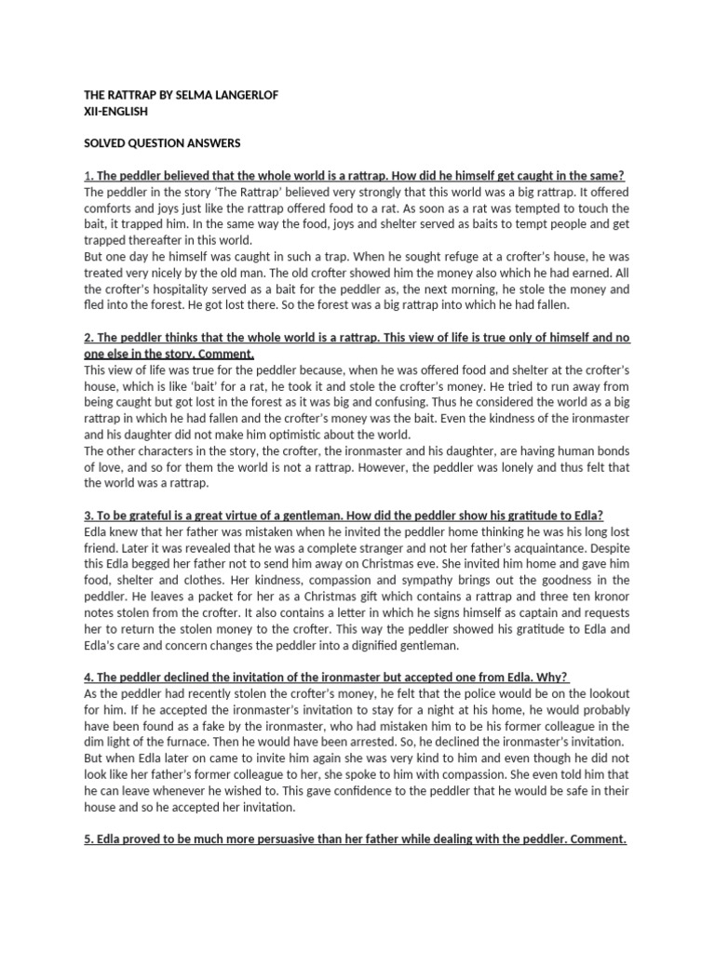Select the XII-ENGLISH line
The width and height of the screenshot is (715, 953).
click(x=115, y=112)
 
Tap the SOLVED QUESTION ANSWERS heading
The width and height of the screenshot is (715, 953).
click(x=162, y=142)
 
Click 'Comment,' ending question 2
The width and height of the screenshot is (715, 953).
click(x=224, y=354)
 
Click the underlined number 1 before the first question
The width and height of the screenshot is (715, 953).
click(x=87, y=175)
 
